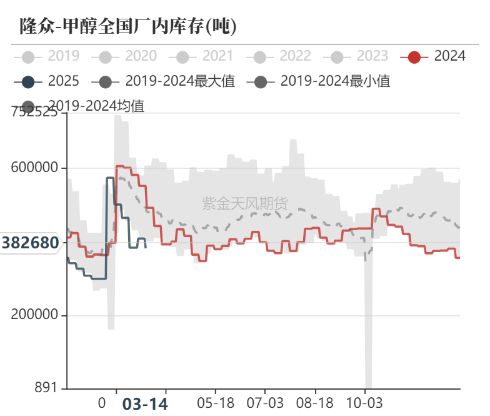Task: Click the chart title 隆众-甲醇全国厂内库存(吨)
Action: click(128, 26)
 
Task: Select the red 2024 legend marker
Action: click(414, 57)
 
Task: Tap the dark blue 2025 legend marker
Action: click(27, 81)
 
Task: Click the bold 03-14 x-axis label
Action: click(144, 404)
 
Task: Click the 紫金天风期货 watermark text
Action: click(245, 203)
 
